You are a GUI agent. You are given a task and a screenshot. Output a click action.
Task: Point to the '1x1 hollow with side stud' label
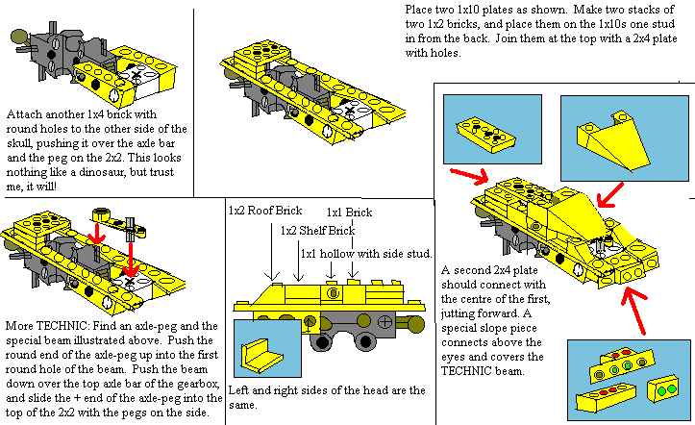(x=360, y=253)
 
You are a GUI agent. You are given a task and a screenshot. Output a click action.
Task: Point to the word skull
(x=23, y=143)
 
